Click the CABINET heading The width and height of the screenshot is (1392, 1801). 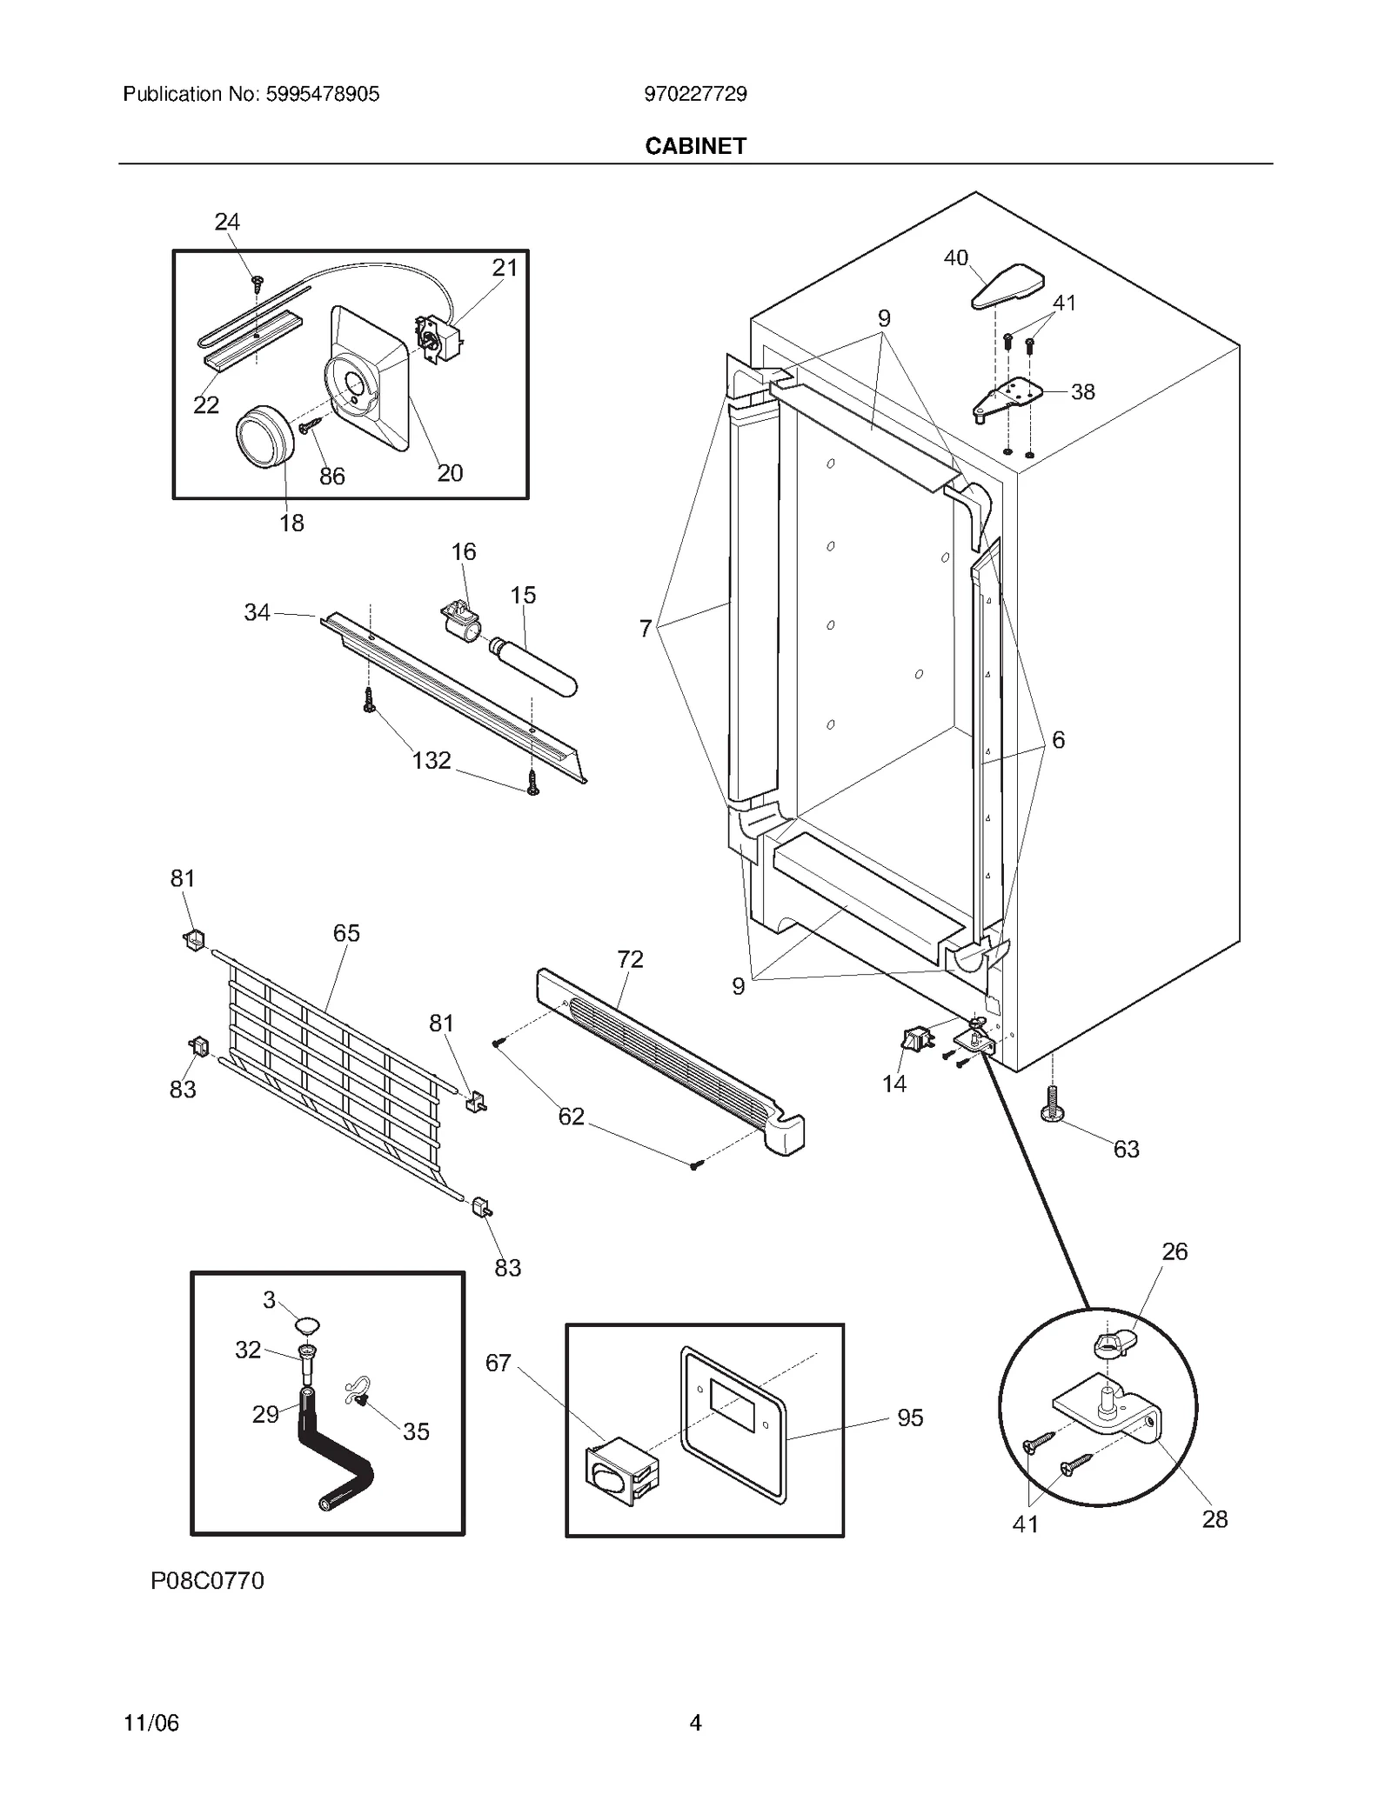click(x=695, y=146)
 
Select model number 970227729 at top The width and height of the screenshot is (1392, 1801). click(x=695, y=94)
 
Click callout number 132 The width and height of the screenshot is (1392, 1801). click(x=431, y=760)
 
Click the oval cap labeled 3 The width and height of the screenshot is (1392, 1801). click(x=305, y=1325)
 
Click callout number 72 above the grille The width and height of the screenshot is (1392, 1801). click(x=630, y=958)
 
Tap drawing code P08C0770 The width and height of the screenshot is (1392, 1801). click(x=207, y=1580)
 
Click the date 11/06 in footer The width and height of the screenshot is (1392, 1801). click(x=151, y=1723)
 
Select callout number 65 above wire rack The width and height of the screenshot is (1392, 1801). click(x=346, y=932)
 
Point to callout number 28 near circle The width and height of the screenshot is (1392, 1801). click(x=1215, y=1518)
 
